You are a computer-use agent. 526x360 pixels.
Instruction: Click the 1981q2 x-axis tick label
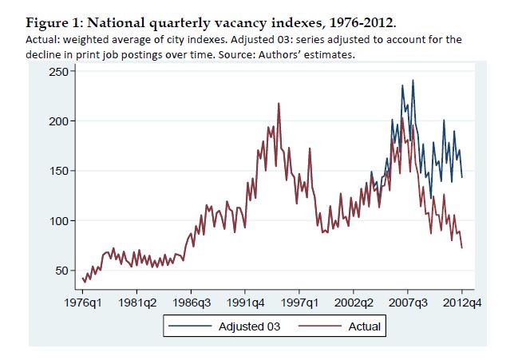pos(136,303)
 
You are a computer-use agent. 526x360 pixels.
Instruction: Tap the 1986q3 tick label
pos(191,303)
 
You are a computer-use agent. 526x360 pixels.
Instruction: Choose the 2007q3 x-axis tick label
pos(408,303)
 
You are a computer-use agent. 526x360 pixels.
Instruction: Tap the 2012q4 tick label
pos(462,303)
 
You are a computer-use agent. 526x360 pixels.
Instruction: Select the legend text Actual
pos(365,326)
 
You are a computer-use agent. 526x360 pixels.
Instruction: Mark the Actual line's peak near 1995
pos(279,104)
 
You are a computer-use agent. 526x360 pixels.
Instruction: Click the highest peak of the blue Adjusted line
pos(413,80)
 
